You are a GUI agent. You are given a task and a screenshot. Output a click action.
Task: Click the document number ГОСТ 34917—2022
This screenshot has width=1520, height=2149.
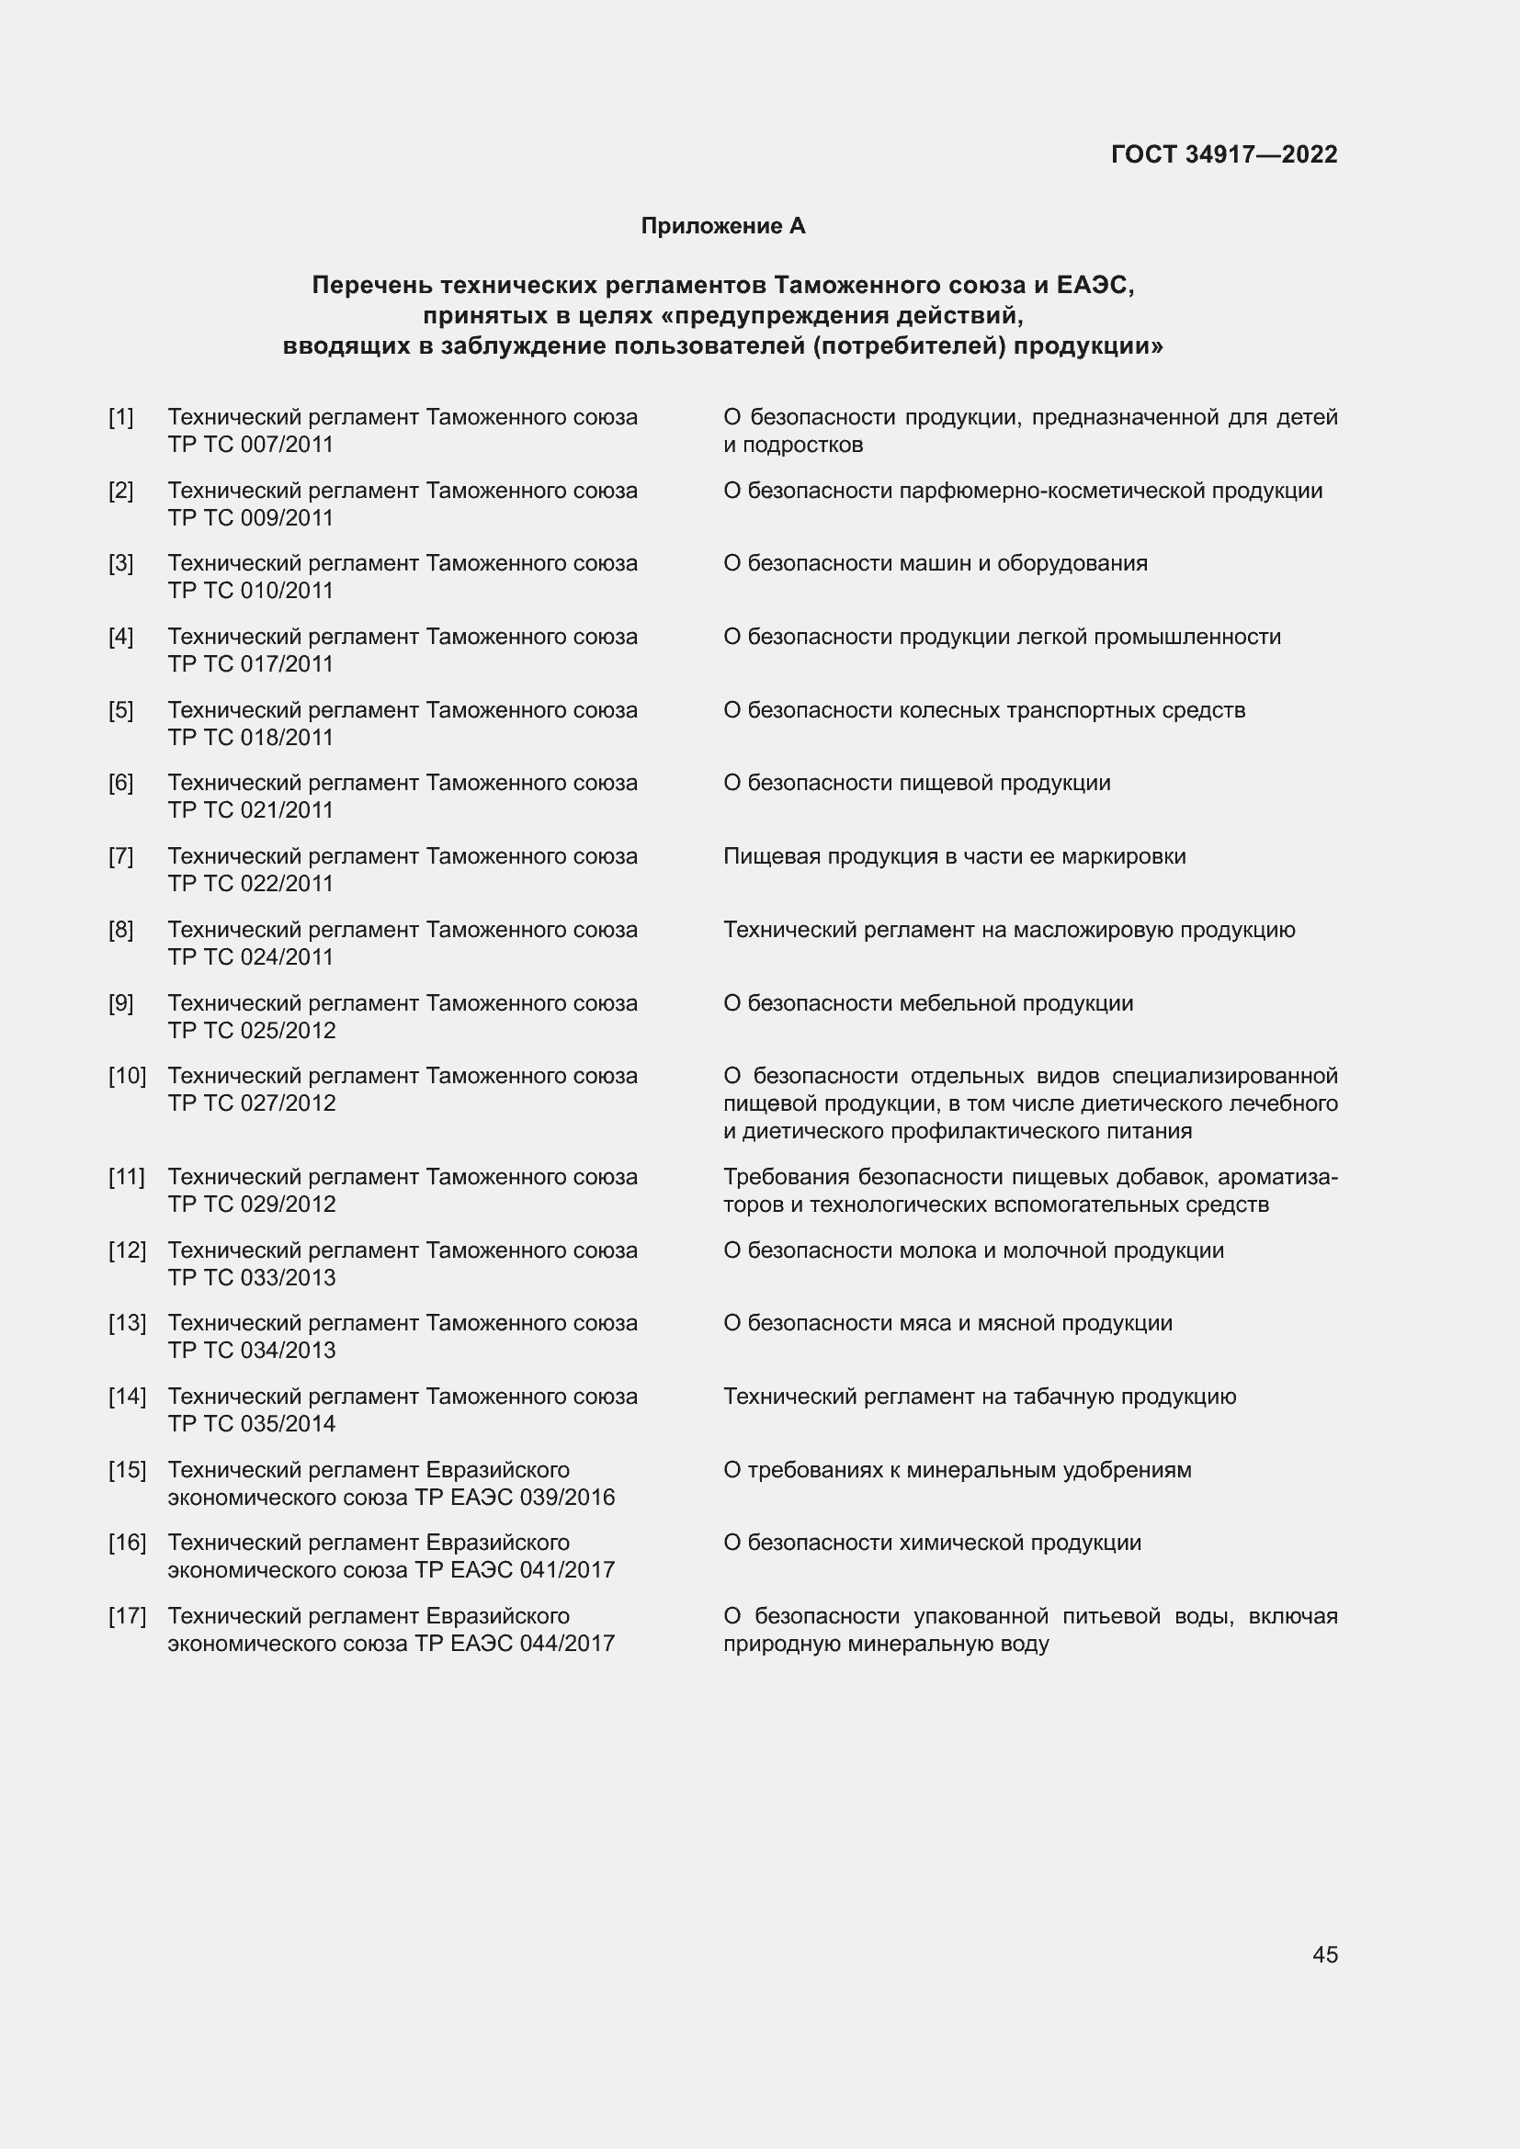coord(1223,154)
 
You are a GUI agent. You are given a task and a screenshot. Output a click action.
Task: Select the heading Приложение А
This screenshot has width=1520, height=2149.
coord(722,226)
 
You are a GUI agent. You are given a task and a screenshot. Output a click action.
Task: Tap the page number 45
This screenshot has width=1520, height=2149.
coord(1324,1954)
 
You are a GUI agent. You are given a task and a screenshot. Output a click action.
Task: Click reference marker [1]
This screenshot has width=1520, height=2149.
coord(120,417)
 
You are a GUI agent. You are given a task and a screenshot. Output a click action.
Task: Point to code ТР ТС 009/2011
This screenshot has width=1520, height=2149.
coord(251,517)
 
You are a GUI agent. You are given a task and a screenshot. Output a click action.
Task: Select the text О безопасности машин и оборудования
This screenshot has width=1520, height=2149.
coord(935,563)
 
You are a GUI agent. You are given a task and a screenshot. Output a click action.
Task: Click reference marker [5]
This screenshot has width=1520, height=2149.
coord(120,710)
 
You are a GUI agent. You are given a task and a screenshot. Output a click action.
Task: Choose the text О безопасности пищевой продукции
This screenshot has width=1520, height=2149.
coord(916,783)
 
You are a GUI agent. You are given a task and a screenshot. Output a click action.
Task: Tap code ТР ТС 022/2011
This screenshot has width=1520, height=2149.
coord(251,884)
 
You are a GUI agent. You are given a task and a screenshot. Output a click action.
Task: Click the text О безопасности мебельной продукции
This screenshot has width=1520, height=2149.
coord(927,1003)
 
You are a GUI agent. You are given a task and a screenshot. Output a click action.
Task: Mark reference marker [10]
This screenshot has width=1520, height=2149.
coord(128,1077)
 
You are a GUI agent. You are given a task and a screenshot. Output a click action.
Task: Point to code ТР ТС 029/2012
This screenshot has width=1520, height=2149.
coord(252,1205)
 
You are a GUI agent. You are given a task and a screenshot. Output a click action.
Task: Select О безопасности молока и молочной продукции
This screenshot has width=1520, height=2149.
coord(973,1250)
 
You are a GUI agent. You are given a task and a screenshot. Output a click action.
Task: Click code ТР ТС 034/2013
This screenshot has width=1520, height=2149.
coord(252,1351)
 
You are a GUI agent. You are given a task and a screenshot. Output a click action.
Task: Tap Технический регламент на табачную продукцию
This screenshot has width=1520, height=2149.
coord(979,1397)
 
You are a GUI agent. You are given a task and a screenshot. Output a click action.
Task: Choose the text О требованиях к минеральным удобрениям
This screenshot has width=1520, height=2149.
coord(958,1470)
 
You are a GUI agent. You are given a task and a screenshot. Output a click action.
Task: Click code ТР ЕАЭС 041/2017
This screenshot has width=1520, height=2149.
coord(515,1570)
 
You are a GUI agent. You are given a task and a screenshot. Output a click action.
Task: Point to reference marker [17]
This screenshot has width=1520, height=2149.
coord(128,1616)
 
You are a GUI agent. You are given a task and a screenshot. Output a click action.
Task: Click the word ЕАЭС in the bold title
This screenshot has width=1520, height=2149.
coord(1095,285)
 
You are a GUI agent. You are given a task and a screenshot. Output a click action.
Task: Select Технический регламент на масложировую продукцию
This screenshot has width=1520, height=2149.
coord(1009,931)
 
